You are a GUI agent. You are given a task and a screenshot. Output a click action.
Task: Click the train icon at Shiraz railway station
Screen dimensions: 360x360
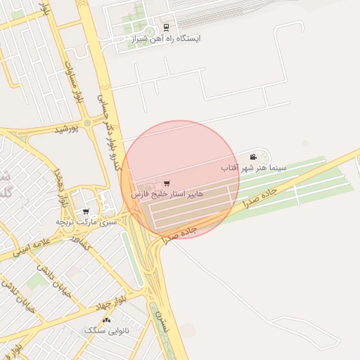click(x=166, y=28)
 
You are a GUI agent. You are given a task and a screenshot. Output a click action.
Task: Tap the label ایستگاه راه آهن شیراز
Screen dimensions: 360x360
click(x=166, y=39)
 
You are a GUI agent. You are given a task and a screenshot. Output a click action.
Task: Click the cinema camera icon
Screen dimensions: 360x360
click(x=253, y=157)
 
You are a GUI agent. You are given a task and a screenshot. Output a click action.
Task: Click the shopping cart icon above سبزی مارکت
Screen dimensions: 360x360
click(x=86, y=211)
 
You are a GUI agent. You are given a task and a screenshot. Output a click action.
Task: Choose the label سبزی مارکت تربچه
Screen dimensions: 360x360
click(x=85, y=221)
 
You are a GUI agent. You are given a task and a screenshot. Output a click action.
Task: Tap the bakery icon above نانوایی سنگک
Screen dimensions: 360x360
click(x=106, y=320)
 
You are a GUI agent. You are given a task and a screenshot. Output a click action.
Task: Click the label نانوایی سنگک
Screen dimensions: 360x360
click(x=106, y=330)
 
